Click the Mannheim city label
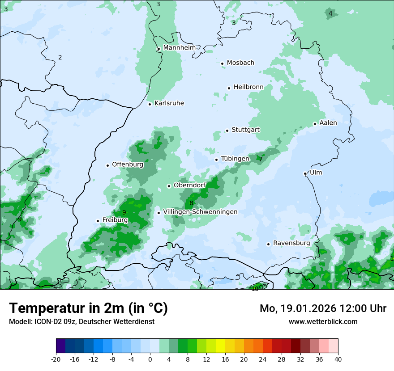180,47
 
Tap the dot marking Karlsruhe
150,104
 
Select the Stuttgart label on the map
246,130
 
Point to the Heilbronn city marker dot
229,88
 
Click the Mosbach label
240,63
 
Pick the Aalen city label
328,122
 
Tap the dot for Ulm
305,173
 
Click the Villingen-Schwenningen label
200,211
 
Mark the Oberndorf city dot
169,186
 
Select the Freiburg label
115,219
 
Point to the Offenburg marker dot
107,165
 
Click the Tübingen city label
235,159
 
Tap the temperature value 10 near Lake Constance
255,289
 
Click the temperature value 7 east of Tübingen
261,159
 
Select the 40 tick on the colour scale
338,359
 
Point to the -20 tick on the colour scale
56,359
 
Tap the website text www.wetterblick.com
323,321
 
